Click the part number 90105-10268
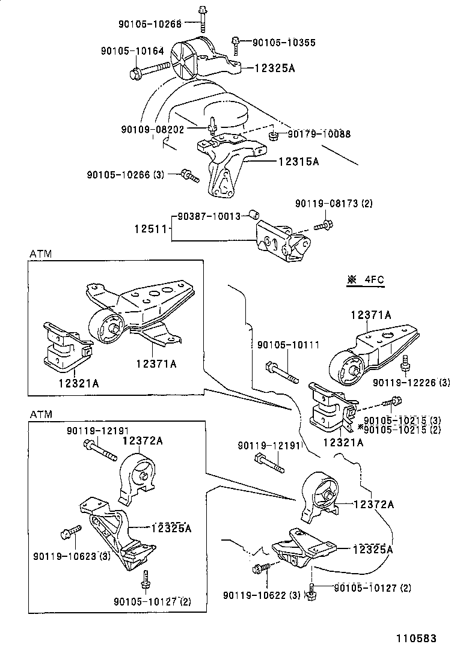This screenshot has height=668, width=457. click(150, 23)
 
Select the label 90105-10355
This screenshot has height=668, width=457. click(283, 43)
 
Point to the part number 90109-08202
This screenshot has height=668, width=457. click(153, 129)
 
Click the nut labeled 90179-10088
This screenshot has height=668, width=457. click(272, 135)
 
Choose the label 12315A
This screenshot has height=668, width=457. click(298, 162)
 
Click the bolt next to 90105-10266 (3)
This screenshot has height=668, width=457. click(189, 176)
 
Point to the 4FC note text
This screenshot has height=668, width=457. click(373, 279)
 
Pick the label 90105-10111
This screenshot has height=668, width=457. click(287, 345)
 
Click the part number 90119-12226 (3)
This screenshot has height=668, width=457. click(411, 382)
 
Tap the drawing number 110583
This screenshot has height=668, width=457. click(416, 638)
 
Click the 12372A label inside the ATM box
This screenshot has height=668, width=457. click(143, 440)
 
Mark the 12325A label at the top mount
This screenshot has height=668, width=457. click(275, 68)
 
